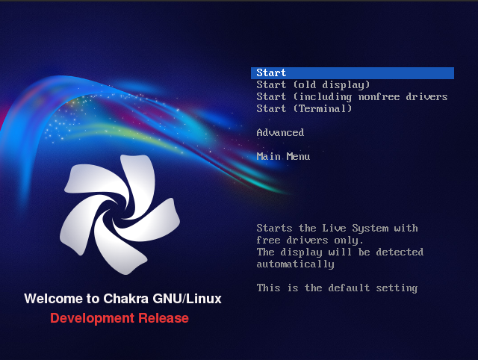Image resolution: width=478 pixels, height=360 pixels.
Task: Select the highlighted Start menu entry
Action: tap(272, 73)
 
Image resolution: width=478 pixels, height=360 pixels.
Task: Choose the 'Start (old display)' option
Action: tap(313, 85)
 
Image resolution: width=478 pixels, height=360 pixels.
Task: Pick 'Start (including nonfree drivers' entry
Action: tap(352, 97)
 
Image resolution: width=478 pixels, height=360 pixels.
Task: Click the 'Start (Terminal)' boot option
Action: tap(304, 109)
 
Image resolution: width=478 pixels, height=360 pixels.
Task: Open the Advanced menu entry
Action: tap(280, 133)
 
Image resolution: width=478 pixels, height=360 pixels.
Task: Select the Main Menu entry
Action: tap(283, 157)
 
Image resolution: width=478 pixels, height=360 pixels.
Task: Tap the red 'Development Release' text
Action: tap(119, 319)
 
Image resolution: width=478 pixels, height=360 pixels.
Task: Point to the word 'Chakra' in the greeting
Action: tap(121, 299)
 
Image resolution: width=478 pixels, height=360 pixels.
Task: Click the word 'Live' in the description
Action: tap(340, 229)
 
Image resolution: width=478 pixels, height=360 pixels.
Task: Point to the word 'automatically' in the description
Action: tap(295, 264)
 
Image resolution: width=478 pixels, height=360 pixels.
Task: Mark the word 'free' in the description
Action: tap(268, 240)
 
